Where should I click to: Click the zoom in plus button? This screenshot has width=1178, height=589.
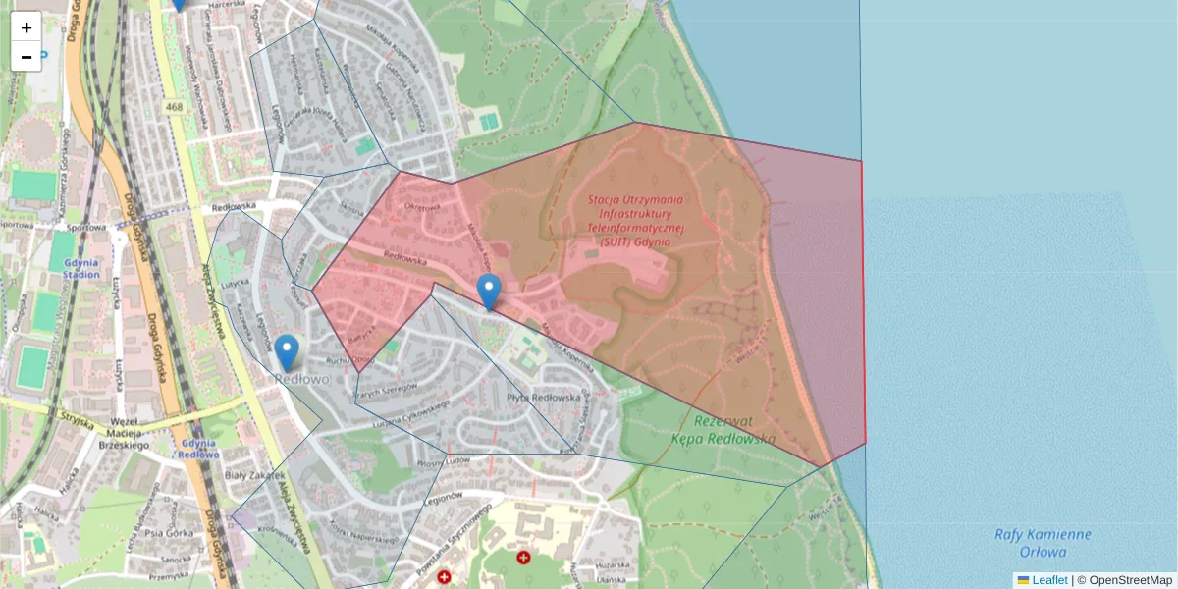point(27,27)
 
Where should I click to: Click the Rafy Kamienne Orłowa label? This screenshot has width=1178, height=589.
point(1043,543)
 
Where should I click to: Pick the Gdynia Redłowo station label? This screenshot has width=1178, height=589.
point(199,449)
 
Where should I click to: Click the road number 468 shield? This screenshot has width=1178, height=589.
point(175,107)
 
